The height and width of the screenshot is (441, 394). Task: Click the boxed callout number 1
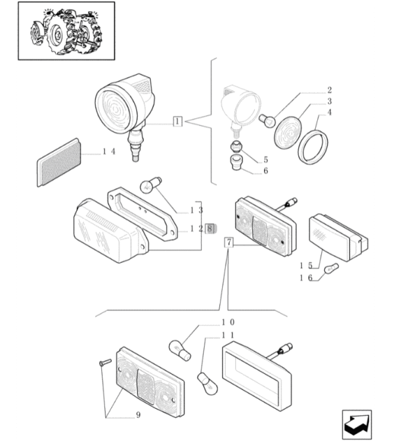click(x=177, y=122)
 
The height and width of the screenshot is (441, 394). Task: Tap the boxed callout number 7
click(x=229, y=242)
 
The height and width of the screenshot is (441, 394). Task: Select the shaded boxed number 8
click(x=209, y=229)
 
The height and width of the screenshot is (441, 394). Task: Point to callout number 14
click(x=109, y=152)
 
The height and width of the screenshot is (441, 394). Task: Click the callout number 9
click(x=139, y=415)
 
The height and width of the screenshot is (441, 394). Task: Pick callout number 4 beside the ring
click(x=330, y=112)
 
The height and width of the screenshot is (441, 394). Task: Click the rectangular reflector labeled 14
click(x=59, y=162)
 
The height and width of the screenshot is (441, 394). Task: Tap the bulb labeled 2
click(x=267, y=121)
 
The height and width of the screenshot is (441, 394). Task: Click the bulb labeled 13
click(x=150, y=185)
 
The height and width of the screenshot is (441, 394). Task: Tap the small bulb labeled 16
click(x=332, y=268)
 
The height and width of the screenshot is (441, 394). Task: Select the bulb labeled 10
click(x=180, y=350)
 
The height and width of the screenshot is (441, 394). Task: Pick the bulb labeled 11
click(x=208, y=383)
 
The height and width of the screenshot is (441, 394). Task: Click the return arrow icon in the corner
click(x=357, y=425)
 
